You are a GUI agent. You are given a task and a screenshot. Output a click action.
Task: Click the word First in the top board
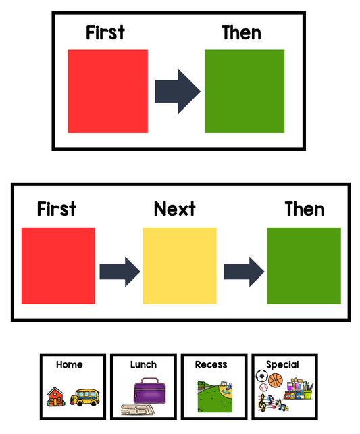105,32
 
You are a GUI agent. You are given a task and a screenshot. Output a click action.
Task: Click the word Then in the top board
241,32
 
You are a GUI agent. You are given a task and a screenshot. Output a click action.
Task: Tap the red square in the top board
108,91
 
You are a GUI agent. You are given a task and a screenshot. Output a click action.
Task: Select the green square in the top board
245,91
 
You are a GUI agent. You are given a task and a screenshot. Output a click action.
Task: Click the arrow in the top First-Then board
178,91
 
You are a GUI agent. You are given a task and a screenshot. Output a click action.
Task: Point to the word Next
175,209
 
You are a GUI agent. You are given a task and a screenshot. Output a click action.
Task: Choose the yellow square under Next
180,266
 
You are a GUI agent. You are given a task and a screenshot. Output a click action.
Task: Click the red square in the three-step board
58,266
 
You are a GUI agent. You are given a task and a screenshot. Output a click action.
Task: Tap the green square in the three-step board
304,266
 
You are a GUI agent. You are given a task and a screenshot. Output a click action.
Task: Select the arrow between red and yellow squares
120,272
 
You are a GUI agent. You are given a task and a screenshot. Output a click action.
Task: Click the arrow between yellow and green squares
244,272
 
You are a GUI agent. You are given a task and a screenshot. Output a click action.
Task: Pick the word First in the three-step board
57,209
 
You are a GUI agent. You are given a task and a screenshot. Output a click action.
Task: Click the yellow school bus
84,397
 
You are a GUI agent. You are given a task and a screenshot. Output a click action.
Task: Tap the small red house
56,397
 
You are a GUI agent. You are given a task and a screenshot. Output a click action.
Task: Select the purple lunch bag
149,391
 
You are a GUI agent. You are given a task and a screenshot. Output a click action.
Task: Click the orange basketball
276,381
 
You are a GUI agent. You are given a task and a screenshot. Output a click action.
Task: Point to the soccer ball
261,376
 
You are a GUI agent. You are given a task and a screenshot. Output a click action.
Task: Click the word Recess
211,364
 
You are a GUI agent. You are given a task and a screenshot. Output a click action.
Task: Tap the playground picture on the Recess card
215,397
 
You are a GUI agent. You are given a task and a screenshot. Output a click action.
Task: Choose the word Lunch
143,364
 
